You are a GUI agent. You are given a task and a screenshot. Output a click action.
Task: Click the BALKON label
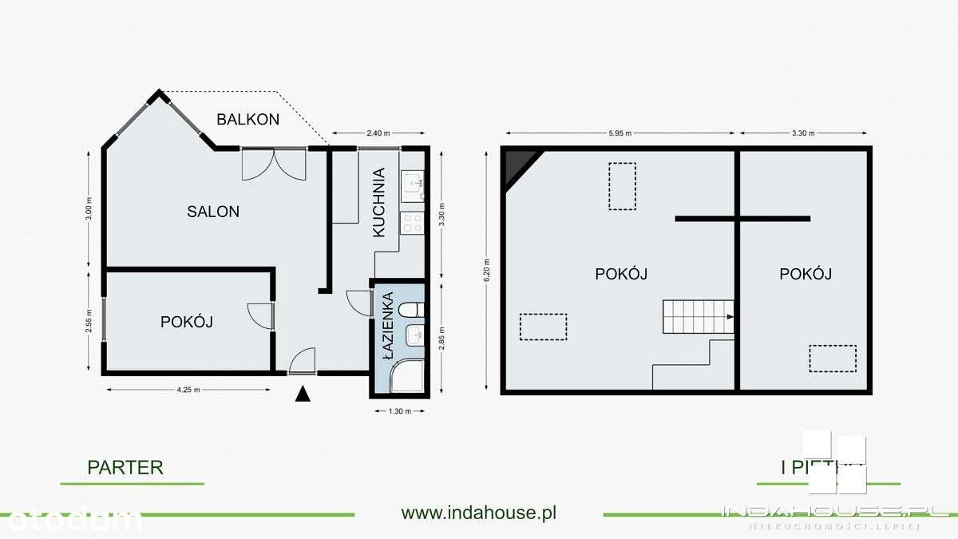[x=247, y=119]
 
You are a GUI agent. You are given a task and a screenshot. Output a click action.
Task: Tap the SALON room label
[x=213, y=212]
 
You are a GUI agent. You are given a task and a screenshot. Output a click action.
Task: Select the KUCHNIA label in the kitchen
[x=379, y=202]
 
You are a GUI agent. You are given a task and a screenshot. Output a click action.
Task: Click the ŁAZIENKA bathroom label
[x=388, y=327]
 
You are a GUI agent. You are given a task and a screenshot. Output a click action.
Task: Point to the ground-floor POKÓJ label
[x=186, y=322]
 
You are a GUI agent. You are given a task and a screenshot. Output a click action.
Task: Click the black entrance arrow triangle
[x=302, y=394]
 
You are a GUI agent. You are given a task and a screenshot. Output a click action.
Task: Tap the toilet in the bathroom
[x=411, y=310]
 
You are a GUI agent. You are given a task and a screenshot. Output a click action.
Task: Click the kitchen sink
[x=413, y=184]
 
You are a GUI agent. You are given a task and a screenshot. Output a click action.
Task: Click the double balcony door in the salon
[x=274, y=164]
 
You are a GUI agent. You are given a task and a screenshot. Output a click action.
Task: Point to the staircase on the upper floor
[x=698, y=317]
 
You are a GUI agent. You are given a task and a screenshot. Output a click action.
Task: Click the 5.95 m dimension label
[x=618, y=133]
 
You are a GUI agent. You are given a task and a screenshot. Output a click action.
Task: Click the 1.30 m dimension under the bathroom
[x=398, y=411]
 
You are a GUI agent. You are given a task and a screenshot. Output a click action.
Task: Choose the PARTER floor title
[x=125, y=467]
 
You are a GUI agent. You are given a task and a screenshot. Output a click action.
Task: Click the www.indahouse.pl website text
[x=478, y=513]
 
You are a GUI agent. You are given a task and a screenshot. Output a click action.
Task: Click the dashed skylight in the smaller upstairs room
[x=833, y=359]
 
